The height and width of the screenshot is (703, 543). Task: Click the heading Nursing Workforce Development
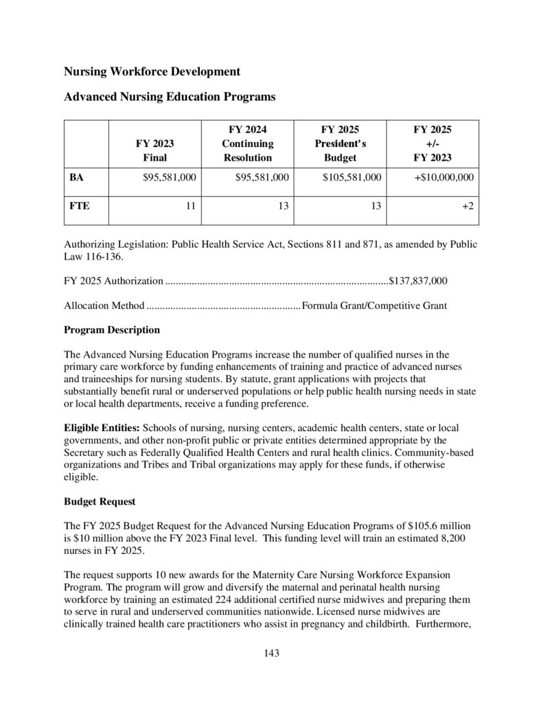click(152, 71)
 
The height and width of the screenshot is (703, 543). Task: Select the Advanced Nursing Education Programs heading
click(170, 97)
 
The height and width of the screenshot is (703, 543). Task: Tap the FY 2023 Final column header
click(154, 150)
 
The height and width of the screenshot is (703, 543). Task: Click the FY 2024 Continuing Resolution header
click(247, 143)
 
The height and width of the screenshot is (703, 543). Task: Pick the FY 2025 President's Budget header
click(340, 143)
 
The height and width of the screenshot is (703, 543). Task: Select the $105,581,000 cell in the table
click(352, 177)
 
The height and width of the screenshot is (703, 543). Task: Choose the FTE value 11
click(191, 205)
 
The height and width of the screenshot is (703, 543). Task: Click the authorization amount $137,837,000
click(418, 281)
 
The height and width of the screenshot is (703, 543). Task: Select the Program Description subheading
click(112, 330)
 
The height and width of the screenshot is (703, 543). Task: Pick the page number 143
click(271, 653)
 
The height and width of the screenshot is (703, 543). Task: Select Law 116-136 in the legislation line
click(95, 256)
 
